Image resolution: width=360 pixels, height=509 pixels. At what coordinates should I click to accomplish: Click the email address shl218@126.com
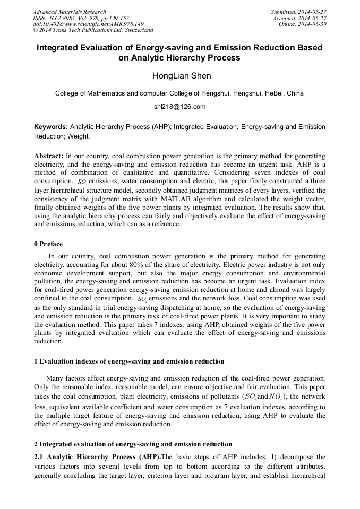coord(179,107)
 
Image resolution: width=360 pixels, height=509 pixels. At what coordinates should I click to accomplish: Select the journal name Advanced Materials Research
coord(69,12)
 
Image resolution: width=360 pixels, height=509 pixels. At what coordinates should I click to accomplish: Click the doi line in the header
coord(88,24)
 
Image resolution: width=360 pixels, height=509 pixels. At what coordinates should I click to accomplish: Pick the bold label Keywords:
coord(51,127)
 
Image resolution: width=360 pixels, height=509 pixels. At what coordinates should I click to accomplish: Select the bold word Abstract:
coord(48,157)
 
